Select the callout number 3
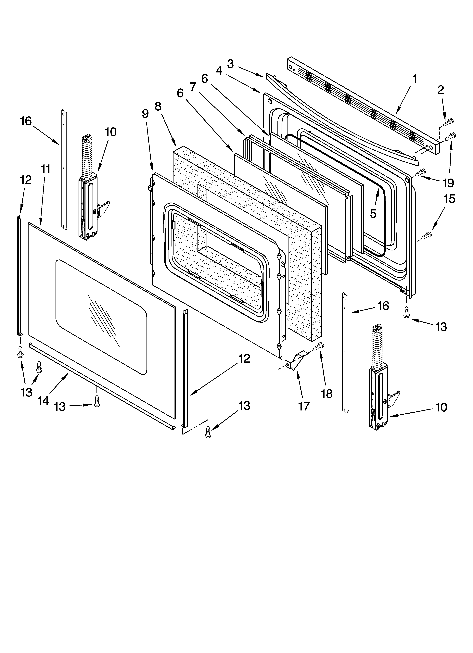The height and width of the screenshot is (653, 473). pyautogui.click(x=230, y=64)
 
